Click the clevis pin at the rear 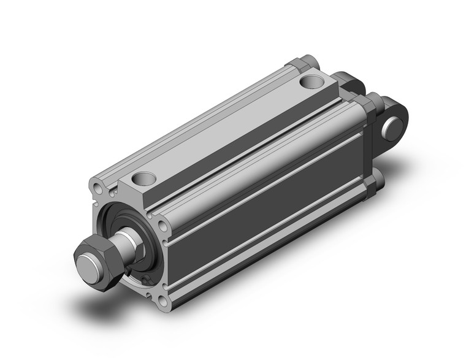(x=392, y=129)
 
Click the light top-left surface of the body (x=202, y=123)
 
